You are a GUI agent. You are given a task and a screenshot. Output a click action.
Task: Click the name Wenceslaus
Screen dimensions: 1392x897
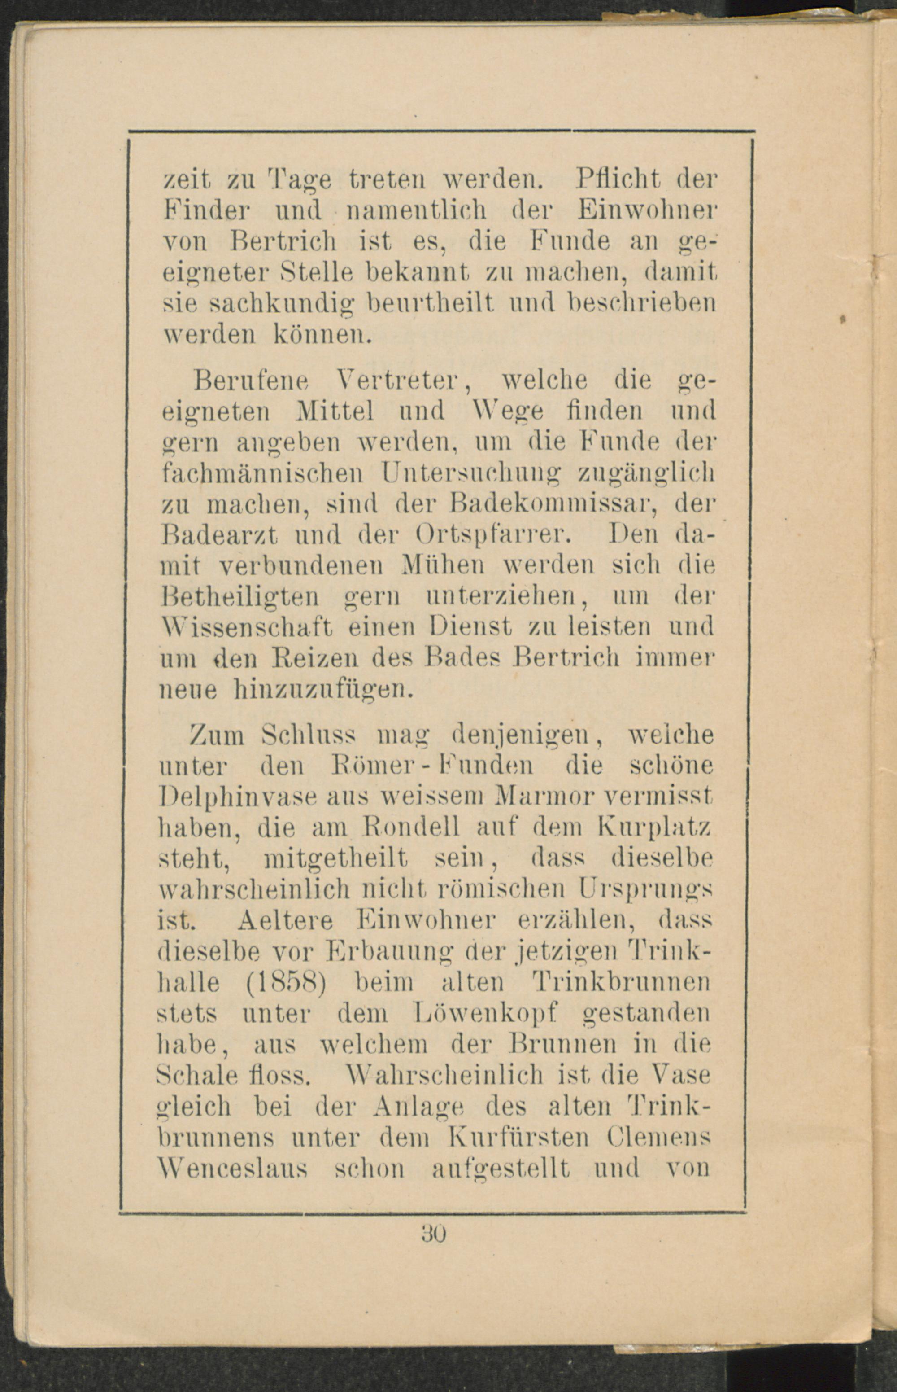[232, 1168]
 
